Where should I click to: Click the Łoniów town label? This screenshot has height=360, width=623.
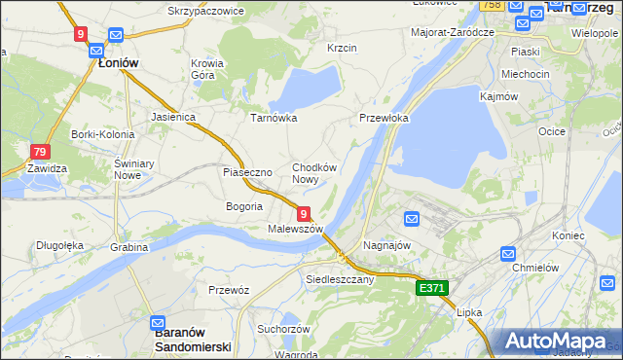(118, 62)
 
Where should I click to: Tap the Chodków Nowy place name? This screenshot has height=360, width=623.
(314, 173)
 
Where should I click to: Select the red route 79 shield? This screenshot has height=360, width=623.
(40, 152)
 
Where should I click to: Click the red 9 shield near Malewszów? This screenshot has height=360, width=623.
(304, 214)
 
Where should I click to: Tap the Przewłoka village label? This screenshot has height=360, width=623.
(384, 118)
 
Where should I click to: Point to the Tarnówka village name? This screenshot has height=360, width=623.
(274, 118)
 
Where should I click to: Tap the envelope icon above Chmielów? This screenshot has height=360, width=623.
(508, 253)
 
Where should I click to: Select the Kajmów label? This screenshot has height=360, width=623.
(497, 96)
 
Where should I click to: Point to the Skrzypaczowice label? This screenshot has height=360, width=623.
(205, 11)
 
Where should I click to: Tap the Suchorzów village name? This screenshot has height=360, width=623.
(283, 329)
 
